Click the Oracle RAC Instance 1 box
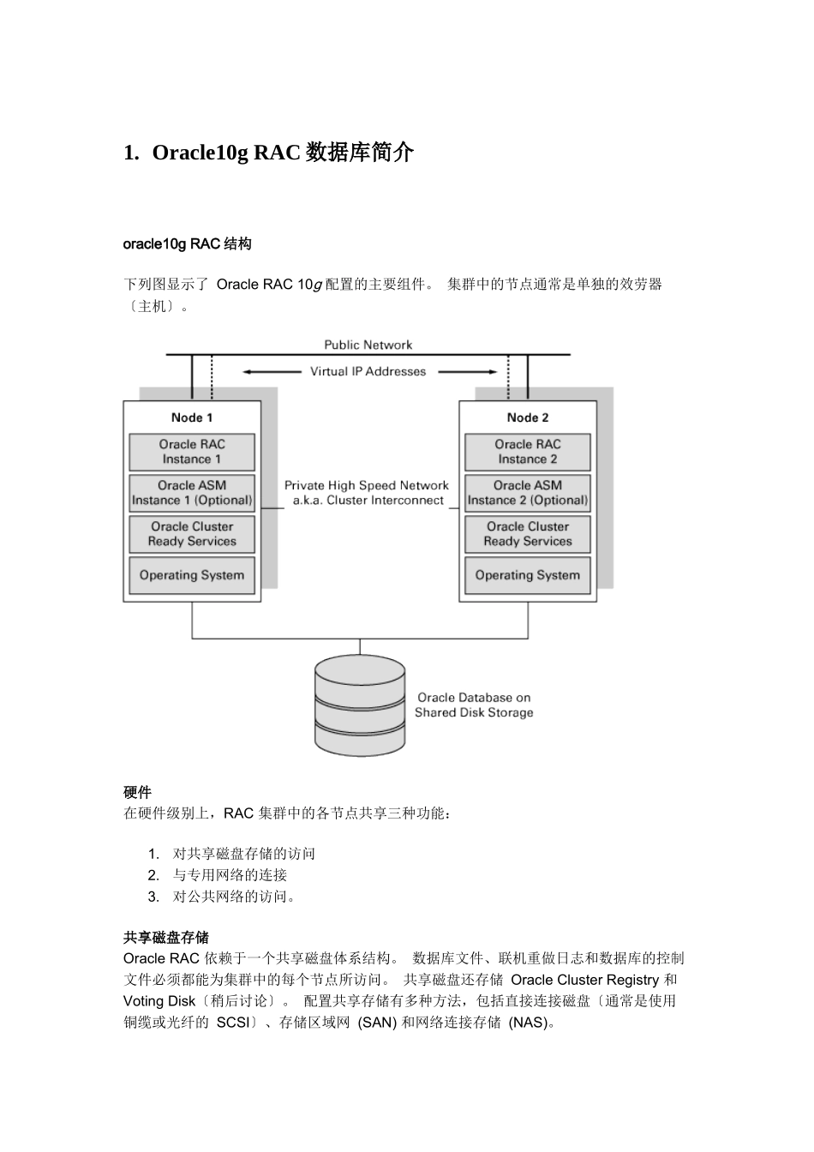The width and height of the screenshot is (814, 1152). pos(192,452)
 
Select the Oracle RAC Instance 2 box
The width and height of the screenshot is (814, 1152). pos(528,452)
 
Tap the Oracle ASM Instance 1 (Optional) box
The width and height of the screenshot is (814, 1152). pos(192,493)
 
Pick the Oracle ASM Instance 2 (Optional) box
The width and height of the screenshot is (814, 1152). pos(528,493)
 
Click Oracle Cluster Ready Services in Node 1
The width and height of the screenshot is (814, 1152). pos(192,534)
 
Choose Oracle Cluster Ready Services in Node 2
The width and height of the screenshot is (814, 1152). pos(528,534)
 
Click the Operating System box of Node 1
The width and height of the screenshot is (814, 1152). pos(192,575)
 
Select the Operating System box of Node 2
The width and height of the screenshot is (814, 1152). pos(528,575)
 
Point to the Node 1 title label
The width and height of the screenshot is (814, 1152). pos(192,417)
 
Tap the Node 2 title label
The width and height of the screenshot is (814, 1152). pos(528,417)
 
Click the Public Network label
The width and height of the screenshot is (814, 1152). pos(368,345)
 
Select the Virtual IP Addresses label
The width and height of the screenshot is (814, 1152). pos(368,371)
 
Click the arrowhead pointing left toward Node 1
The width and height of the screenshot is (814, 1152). pos(247,372)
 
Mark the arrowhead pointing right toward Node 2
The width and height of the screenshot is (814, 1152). pos(492,372)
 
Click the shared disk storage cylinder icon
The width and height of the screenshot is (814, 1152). pos(359,705)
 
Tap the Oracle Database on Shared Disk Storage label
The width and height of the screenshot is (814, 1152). pos(474,705)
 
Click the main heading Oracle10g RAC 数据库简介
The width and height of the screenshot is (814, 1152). pos(269,153)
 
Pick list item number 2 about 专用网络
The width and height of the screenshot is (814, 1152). pos(230,875)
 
